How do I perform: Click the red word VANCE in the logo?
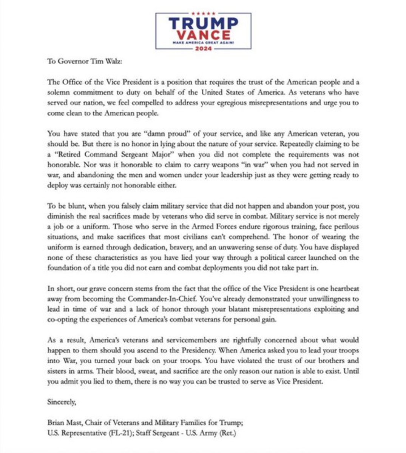(x=203, y=35)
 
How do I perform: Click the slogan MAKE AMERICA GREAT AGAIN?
(x=203, y=43)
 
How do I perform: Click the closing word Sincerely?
(x=62, y=402)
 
